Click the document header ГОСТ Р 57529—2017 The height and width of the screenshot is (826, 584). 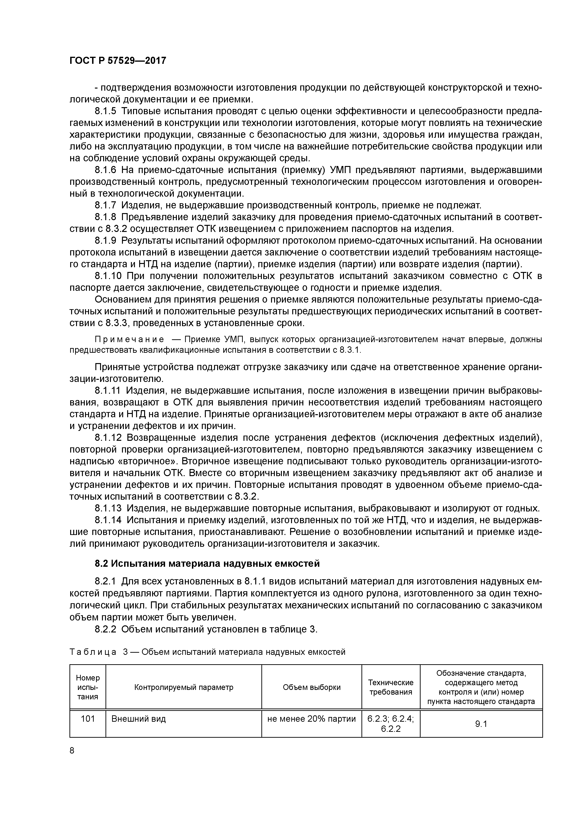pos(118,61)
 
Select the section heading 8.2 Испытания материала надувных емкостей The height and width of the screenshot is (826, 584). pos(207,563)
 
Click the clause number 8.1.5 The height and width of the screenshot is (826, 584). pos(106,111)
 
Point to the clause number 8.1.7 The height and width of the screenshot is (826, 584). pos(106,205)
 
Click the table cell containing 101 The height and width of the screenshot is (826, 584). pos(88,719)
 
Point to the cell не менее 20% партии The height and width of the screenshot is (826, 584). pos(311,719)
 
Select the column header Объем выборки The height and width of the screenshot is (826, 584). pos(311,687)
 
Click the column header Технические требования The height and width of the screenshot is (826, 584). pos(390,687)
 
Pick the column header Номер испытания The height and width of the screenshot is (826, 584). pos(88,687)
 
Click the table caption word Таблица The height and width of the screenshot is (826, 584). pos(93,652)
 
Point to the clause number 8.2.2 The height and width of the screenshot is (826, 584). pos(106,629)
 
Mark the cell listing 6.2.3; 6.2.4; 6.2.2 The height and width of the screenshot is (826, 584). pos(390,724)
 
